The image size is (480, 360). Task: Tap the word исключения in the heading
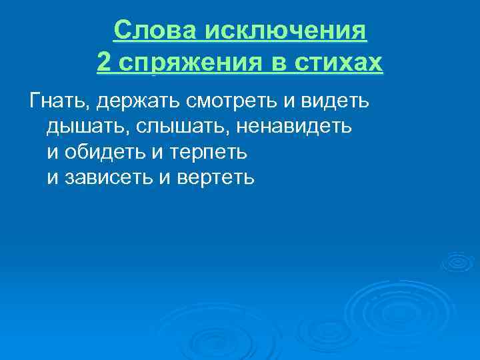pos(287,31)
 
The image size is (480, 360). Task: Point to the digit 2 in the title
pos(103,63)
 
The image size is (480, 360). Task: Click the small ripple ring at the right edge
pos(458,261)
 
